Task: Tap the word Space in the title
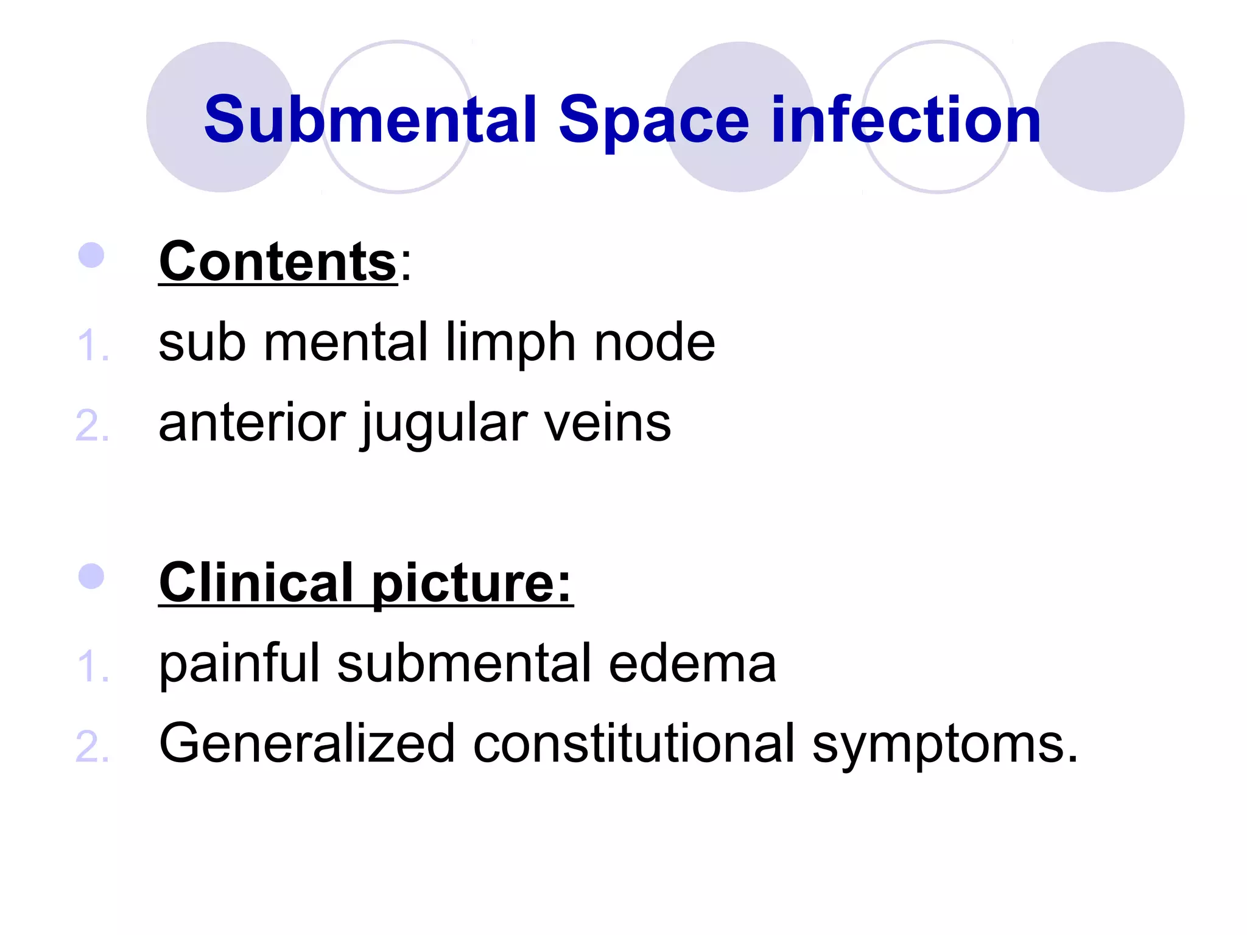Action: coord(653,121)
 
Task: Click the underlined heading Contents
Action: coord(278,262)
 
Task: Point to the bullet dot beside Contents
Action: coord(91,255)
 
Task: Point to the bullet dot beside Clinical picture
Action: coord(91,576)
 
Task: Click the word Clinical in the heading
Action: coord(256,583)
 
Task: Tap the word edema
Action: coord(692,663)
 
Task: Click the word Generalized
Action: coord(307,743)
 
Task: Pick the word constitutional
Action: coord(634,743)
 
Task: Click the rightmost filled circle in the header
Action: coord(1109,117)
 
